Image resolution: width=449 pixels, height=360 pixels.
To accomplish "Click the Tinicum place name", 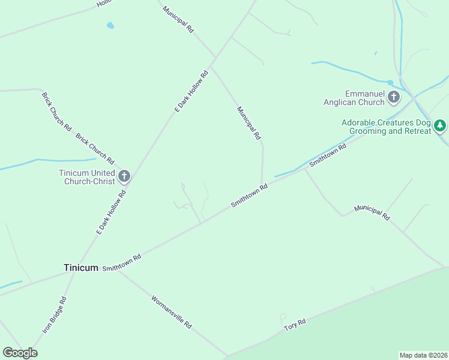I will (80, 268).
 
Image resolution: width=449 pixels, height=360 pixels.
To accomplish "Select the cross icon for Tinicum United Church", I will (124, 176).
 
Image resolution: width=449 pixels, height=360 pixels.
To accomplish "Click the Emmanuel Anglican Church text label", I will (364, 98).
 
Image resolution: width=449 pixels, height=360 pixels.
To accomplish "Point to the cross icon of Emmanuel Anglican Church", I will (394, 97).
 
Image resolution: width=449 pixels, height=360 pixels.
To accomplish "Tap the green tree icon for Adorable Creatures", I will (441, 125).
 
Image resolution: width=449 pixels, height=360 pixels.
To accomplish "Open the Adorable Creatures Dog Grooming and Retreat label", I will (386, 127).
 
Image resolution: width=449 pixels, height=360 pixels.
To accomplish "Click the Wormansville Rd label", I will (172, 311).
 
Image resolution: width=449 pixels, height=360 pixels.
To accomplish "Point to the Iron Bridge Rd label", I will (54, 315).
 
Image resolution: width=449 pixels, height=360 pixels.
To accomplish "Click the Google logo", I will (20, 353).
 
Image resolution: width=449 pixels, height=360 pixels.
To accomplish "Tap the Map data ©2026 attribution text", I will (423, 355).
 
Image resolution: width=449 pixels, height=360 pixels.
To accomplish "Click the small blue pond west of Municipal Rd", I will (110, 26).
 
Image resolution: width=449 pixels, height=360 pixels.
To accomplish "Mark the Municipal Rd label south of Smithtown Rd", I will (372, 212).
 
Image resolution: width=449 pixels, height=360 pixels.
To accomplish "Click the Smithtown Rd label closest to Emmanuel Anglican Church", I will (328, 155).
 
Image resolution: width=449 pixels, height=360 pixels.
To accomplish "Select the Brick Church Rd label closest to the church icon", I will (95, 149).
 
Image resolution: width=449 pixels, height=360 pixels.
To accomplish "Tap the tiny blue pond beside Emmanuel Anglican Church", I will (390, 82).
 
